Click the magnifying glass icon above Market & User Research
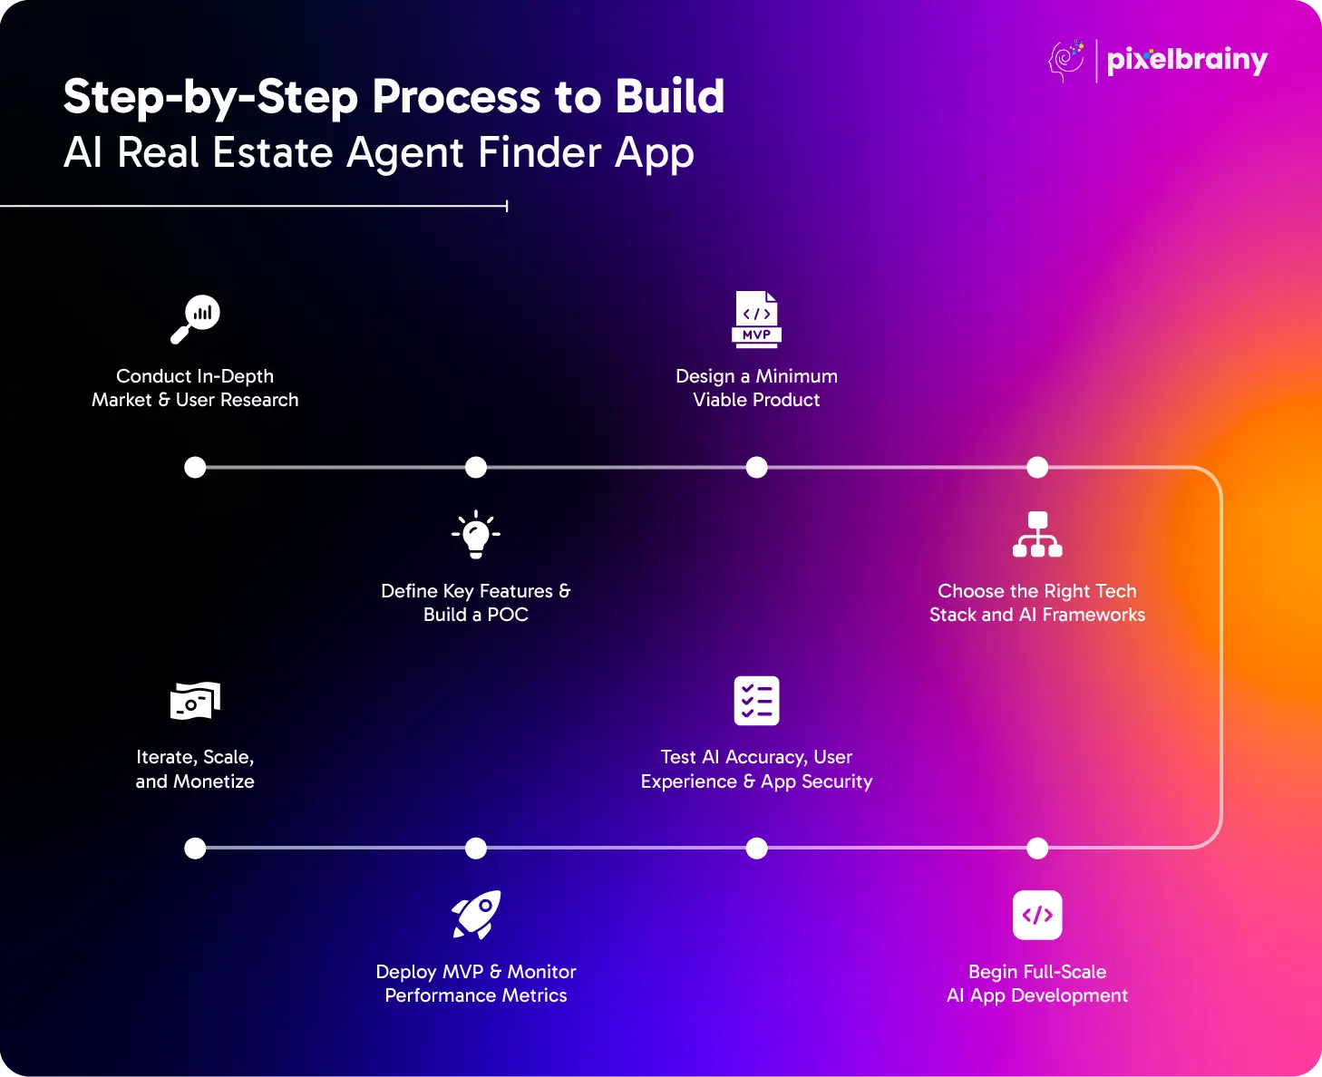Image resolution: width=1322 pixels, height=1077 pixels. (196, 318)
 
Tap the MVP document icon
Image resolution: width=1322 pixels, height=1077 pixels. (756, 318)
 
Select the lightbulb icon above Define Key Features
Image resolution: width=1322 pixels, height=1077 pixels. (476, 534)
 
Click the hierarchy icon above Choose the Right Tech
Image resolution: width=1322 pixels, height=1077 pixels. (1037, 534)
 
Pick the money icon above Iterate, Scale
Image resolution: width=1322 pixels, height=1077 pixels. (195, 701)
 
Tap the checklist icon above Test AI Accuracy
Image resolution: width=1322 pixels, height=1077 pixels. (756, 701)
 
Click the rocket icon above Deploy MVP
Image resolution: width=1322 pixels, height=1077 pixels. (476, 915)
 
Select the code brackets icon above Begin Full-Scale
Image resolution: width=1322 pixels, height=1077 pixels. (1037, 915)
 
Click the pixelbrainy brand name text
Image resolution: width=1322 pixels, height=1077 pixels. (1187, 60)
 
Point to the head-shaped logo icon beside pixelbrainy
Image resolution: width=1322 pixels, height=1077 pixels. (1067, 61)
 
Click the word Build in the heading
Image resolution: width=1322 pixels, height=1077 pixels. (670, 96)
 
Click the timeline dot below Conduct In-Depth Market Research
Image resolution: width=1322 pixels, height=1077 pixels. (195, 468)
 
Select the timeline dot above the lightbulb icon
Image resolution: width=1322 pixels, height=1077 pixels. (476, 468)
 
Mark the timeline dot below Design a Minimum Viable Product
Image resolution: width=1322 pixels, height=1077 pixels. (756, 468)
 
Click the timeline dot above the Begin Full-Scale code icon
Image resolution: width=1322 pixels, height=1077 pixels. (1037, 849)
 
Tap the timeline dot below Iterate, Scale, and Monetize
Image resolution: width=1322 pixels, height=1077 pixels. (195, 849)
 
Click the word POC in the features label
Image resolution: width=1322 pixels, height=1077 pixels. (508, 615)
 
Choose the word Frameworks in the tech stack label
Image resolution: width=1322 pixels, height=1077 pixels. (1094, 615)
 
